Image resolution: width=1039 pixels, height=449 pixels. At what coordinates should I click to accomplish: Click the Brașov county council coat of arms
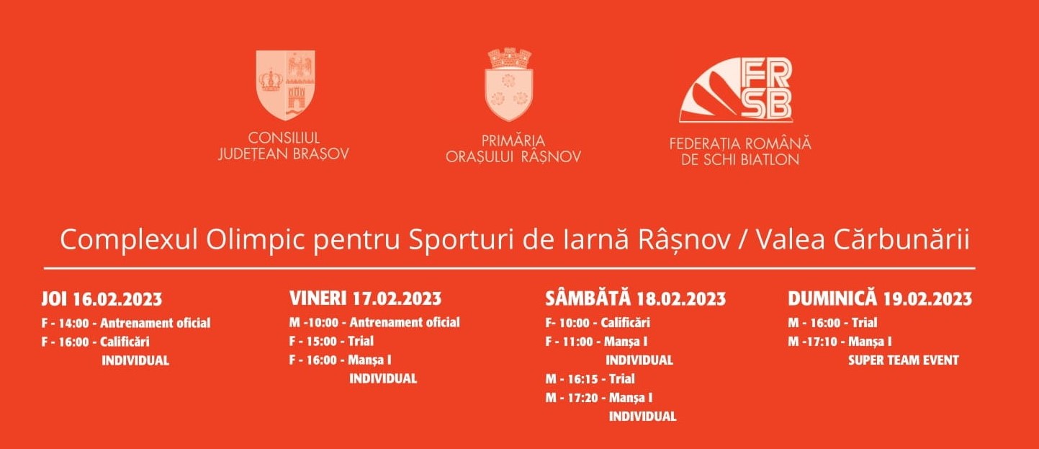(x=286, y=84)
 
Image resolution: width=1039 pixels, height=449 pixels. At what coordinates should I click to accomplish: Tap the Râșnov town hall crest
(x=509, y=84)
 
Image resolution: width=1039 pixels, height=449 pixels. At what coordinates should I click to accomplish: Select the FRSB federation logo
(x=736, y=89)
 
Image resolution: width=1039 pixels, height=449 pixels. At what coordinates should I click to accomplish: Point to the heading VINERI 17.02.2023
(x=366, y=298)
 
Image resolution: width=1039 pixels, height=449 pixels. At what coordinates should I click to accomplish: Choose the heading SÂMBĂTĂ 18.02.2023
(x=636, y=298)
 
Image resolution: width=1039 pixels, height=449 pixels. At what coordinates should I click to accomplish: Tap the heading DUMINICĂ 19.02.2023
(x=880, y=298)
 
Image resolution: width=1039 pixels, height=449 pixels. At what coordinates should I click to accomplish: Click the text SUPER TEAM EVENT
(x=904, y=360)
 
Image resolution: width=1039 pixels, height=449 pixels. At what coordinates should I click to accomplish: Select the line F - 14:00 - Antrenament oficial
(x=126, y=323)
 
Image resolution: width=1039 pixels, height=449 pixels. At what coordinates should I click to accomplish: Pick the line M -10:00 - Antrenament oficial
(x=374, y=322)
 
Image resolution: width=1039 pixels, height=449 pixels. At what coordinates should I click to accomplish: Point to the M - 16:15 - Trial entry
(x=590, y=379)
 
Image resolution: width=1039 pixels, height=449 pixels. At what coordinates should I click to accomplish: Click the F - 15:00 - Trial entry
(x=331, y=342)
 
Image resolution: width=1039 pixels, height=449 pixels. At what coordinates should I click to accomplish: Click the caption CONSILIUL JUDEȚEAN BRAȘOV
(x=284, y=146)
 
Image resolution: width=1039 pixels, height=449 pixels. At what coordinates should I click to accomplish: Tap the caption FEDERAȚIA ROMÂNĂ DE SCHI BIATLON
(x=740, y=151)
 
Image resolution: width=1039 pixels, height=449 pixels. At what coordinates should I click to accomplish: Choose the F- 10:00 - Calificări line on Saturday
(x=598, y=323)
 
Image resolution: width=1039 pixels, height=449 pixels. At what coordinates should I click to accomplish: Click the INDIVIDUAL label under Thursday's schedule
(x=135, y=361)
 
